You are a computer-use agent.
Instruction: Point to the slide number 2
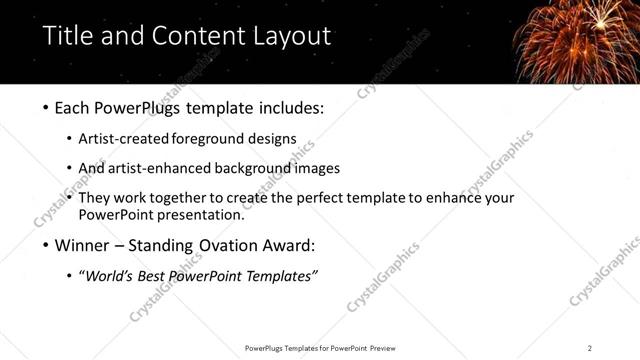point(590,348)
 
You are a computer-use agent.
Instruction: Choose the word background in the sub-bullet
point(261,168)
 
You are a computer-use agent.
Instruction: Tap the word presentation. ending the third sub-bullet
point(207,215)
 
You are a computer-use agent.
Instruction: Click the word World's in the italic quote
point(109,276)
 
